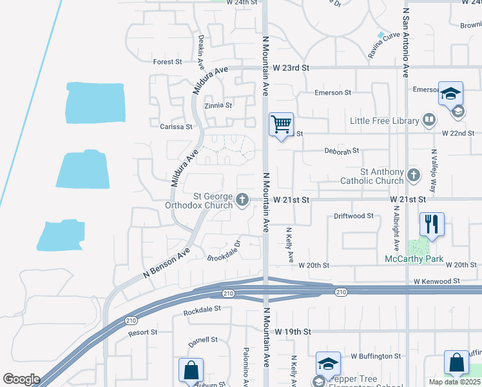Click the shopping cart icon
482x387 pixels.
pyautogui.click(x=281, y=124)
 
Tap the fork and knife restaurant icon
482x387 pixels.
pyautogui.click(x=432, y=224)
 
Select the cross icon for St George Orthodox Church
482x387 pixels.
pyautogui.click(x=242, y=200)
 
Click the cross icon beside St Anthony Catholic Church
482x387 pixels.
pyautogui.click(x=414, y=174)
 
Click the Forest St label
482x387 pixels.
pyautogui.click(x=168, y=62)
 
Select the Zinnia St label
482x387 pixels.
pyautogui.click(x=217, y=105)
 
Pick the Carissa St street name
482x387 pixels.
pyautogui.click(x=176, y=127)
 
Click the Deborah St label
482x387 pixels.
pyautogui.click(x=342, y=152)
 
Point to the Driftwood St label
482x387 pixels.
pyautogui.click(x=354, y=216)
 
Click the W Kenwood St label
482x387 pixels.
pyautogui.click(x=437, y=281)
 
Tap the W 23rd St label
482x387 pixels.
pyautogui.click(x=291, y=67)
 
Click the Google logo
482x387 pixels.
pyautogui.click(x=21, y=379)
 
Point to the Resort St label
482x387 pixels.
pyautogui.click(x=142, y=333)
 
